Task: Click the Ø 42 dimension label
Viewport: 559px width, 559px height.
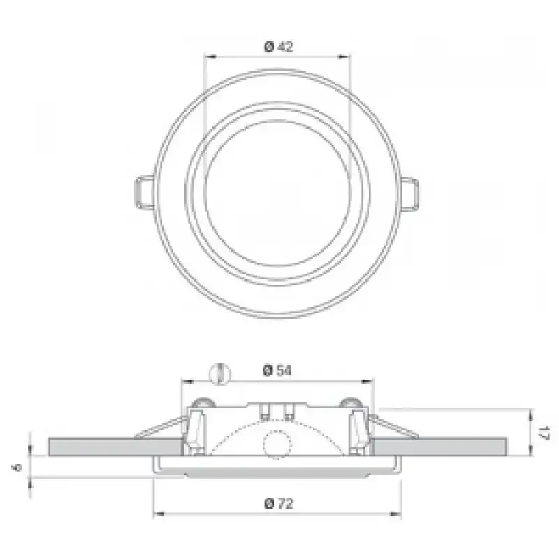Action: tap(278, 47)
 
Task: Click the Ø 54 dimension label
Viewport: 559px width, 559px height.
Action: tap(277, 370)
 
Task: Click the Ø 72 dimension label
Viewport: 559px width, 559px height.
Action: tap(279, 503)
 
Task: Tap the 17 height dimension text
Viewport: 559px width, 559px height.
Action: tap(544, 433)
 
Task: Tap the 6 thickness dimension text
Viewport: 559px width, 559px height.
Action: tap(18, 467)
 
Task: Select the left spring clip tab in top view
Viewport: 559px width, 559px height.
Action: tap(145, 193)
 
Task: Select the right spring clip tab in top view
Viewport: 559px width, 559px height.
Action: tap(409, 196)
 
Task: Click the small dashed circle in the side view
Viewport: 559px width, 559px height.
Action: tap(277, 444)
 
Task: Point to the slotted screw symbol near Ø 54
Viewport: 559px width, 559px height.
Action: tap(219, 374)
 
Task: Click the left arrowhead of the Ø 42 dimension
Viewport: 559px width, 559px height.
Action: tap(210, 57)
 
